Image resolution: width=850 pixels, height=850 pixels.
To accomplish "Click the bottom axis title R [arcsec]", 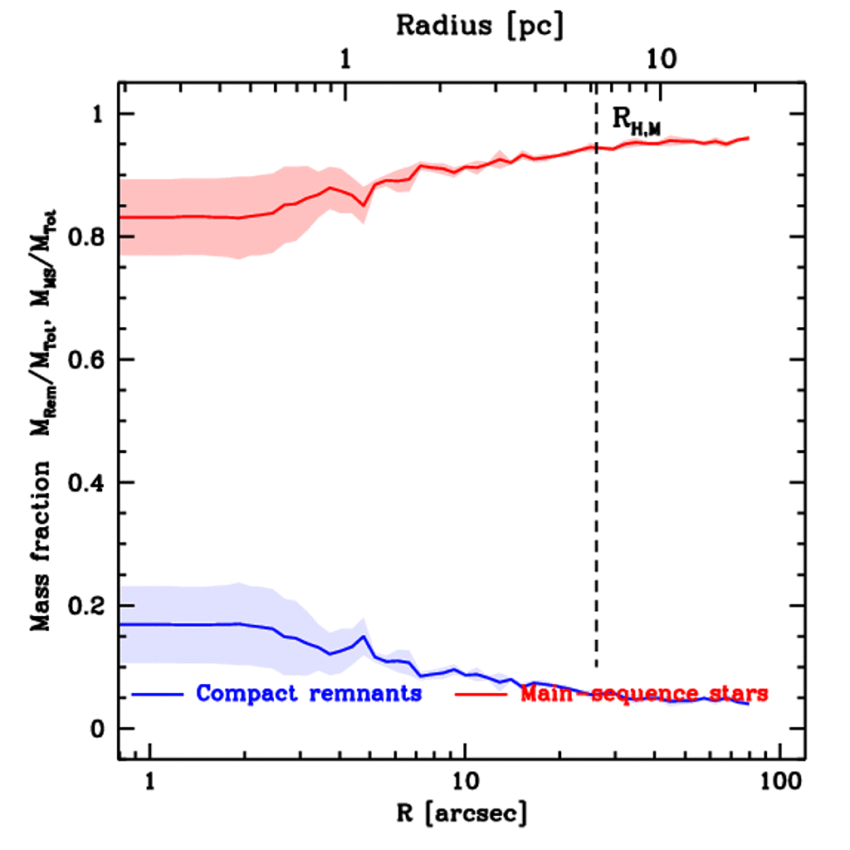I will click(461, 813).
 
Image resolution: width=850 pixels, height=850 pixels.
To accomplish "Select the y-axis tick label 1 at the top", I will click(97, 115).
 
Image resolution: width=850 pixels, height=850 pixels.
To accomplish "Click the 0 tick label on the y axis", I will click(97, 729).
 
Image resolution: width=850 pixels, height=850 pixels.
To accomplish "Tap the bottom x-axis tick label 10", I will click(464, 781).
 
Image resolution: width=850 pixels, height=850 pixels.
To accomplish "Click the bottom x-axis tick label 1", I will click(150, 781).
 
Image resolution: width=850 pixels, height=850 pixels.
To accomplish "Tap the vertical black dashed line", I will click(596, 415).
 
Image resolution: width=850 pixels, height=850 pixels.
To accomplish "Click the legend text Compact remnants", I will click(309, 693).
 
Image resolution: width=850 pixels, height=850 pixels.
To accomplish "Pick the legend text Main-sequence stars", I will click(643, 693).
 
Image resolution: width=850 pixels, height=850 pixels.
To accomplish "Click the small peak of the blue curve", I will click(363, 637).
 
